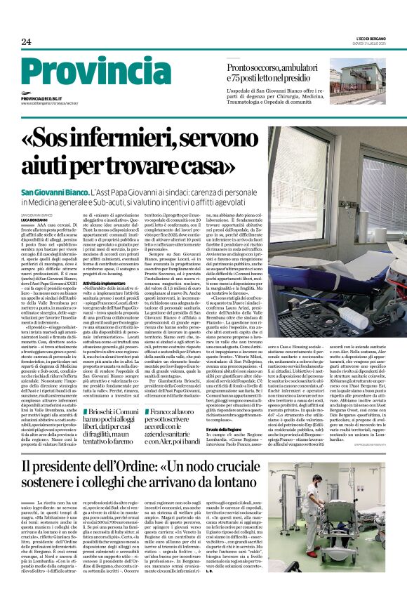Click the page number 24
coord(26,41)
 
